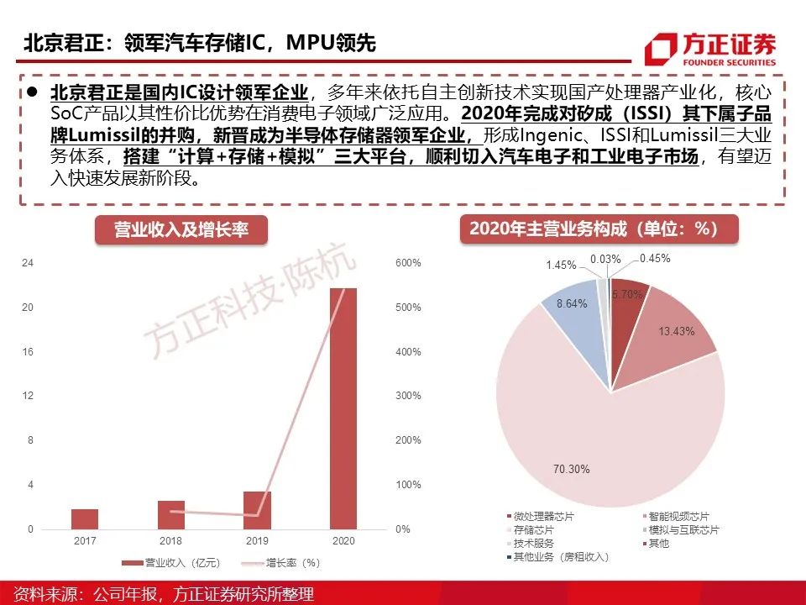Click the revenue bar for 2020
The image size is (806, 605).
coord(343,408)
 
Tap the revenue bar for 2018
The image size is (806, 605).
coord(170,515)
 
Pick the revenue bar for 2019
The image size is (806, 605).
coord(257,510)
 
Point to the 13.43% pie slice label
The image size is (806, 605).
coord(676,331)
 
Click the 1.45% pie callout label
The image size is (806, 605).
coord(561,265)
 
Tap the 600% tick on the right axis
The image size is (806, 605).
coord(408,263)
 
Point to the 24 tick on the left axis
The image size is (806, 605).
coord(28,263)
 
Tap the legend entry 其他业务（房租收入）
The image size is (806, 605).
coord(560,556)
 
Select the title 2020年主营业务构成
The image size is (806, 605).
coord(599,229)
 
